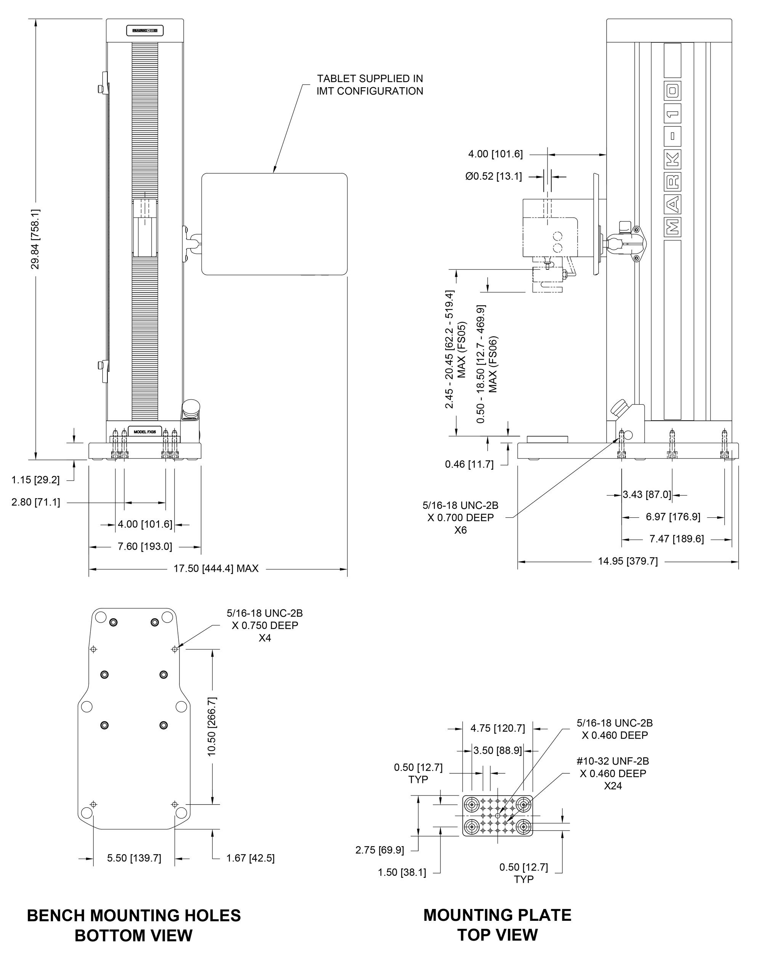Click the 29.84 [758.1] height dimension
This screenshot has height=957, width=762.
pyautogui.click(x=35, y=239)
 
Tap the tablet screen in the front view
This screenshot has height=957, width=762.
pyautogui.click(x=274, y=224)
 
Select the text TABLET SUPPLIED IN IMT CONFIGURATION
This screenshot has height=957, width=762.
pyautogui.click(x=369, y=85)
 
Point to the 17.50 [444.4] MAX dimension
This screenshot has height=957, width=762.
pyautogui.click(x=216, y=569)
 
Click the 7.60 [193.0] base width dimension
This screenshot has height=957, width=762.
pyautogui.click(x=145, y=546)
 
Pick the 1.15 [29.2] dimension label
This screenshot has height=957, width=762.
pyautogui.click(x=35, y=480)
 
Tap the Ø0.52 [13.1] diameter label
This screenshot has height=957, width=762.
pyautogui.click(x=493, y=176)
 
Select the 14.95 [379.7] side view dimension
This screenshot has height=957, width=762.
pyautogui.click(x=628, y=561)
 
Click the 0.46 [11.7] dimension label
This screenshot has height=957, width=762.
pyautogui.click(x=469, y=464)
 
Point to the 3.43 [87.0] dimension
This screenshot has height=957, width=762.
pyautogui.click(x=647, y=495)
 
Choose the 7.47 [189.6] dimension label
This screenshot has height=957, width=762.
pyautogui.click(x=676, y=539)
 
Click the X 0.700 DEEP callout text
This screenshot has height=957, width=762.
pyautogui.click(x=460, y=518)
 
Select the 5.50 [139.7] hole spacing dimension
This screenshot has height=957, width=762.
pyautogui.click(x=134, y=858)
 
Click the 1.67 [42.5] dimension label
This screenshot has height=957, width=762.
pyautogui.click(x=250, y=858)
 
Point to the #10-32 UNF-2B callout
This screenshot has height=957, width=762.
pyautogui.click(x=612, y=761)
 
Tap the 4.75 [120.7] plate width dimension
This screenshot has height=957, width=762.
pyautogui.click(x=498, y=728)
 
